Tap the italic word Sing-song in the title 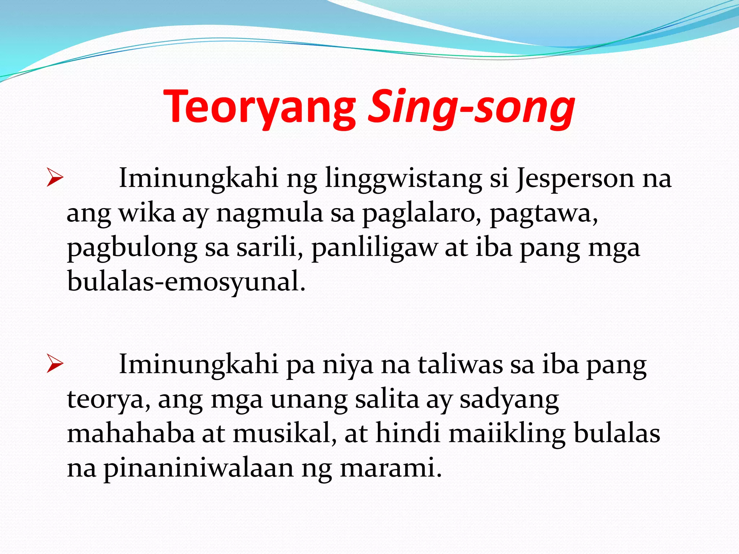click(x=471, y=107)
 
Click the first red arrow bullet click(x=55, y=179)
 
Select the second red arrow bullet click(x=55, y=365)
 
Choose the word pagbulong click(x=132, y=248)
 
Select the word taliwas click(x=460, y=365)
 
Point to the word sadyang click(x=509, y=400)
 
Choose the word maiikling click(x=507, y=434)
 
